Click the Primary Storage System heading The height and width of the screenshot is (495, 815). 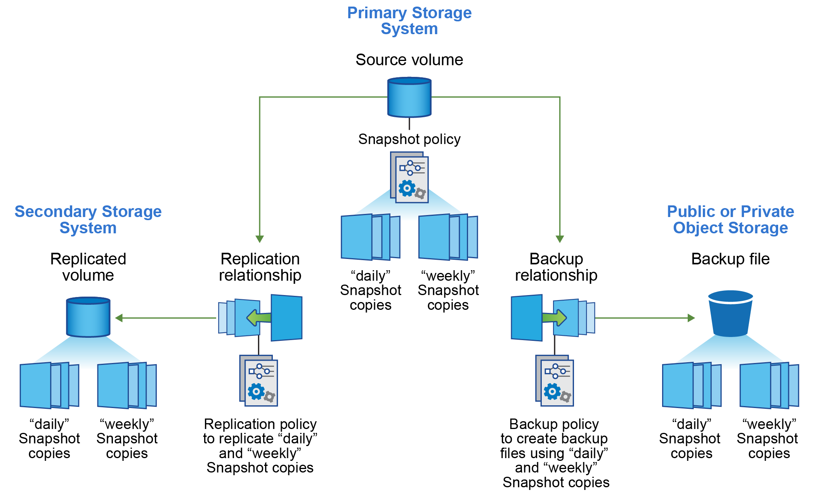pos(409,21)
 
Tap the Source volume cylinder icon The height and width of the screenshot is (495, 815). pos(409,97)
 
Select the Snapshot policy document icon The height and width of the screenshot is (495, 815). pos(409,177)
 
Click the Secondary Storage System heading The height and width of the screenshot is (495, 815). pos(88,219)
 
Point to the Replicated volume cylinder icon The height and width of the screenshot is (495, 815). pos(88,317)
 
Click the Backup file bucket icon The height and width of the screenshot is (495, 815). pos(730,314)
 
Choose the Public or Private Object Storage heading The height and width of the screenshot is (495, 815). pos(730,219)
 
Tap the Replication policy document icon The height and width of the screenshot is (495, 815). pos(259,380)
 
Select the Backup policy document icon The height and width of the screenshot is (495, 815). pos(555,380)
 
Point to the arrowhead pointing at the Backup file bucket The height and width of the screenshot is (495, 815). pos(691,318)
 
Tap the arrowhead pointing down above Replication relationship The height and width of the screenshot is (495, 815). pos(260,239)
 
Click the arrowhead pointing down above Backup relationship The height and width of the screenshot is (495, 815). pos(560,239)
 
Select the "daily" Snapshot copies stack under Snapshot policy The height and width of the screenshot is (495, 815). pos(370,237)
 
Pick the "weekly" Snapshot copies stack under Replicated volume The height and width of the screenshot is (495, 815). pos(127,385)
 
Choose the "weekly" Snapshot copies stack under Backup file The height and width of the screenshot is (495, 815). pos(769,385)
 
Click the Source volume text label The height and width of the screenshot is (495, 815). pos(409,60)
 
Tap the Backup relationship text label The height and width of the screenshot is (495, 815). pos(556,267)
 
